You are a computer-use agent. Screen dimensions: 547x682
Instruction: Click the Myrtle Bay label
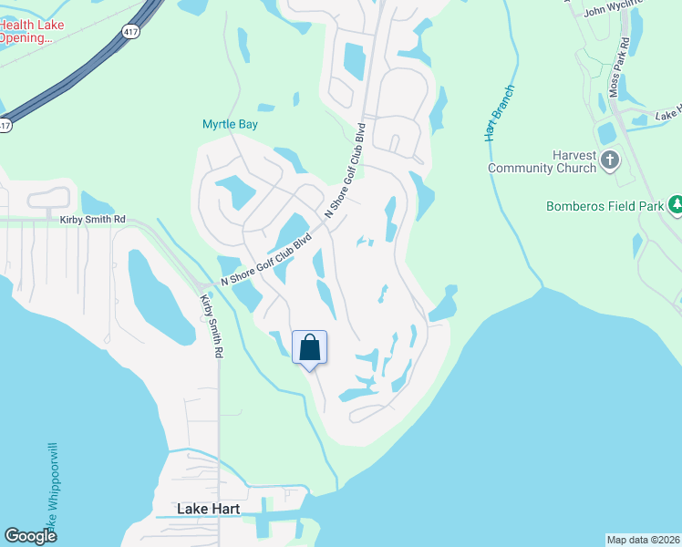pyautogui.click(x=230, y=124)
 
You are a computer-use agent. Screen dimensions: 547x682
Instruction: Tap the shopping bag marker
pyautogui.click(x=309, y=347)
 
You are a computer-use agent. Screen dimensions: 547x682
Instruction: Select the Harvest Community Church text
pyautogui.click(x=542, y=161)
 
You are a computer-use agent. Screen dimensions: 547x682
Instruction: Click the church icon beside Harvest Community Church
pyautogui.click(x=611, y=162)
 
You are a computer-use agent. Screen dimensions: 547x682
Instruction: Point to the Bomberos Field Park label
pyautogui.click(x=605, y=206)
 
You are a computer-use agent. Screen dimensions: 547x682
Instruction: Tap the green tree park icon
pyautogui.click(x=675, y=205)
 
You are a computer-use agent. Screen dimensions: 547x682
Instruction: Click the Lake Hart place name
pyautogui.click(x=208, y=508)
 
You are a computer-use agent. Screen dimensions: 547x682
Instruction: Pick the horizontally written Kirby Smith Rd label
pyautogui.click(x=92, y=221)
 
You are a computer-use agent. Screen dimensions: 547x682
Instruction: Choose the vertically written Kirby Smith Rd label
pyautogui.click(x=212, y=325)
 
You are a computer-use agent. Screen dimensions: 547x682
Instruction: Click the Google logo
pyautogui.click(x=30, y=536)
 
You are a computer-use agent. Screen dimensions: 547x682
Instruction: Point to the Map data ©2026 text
pyautogui.click(x=643, y=539)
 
